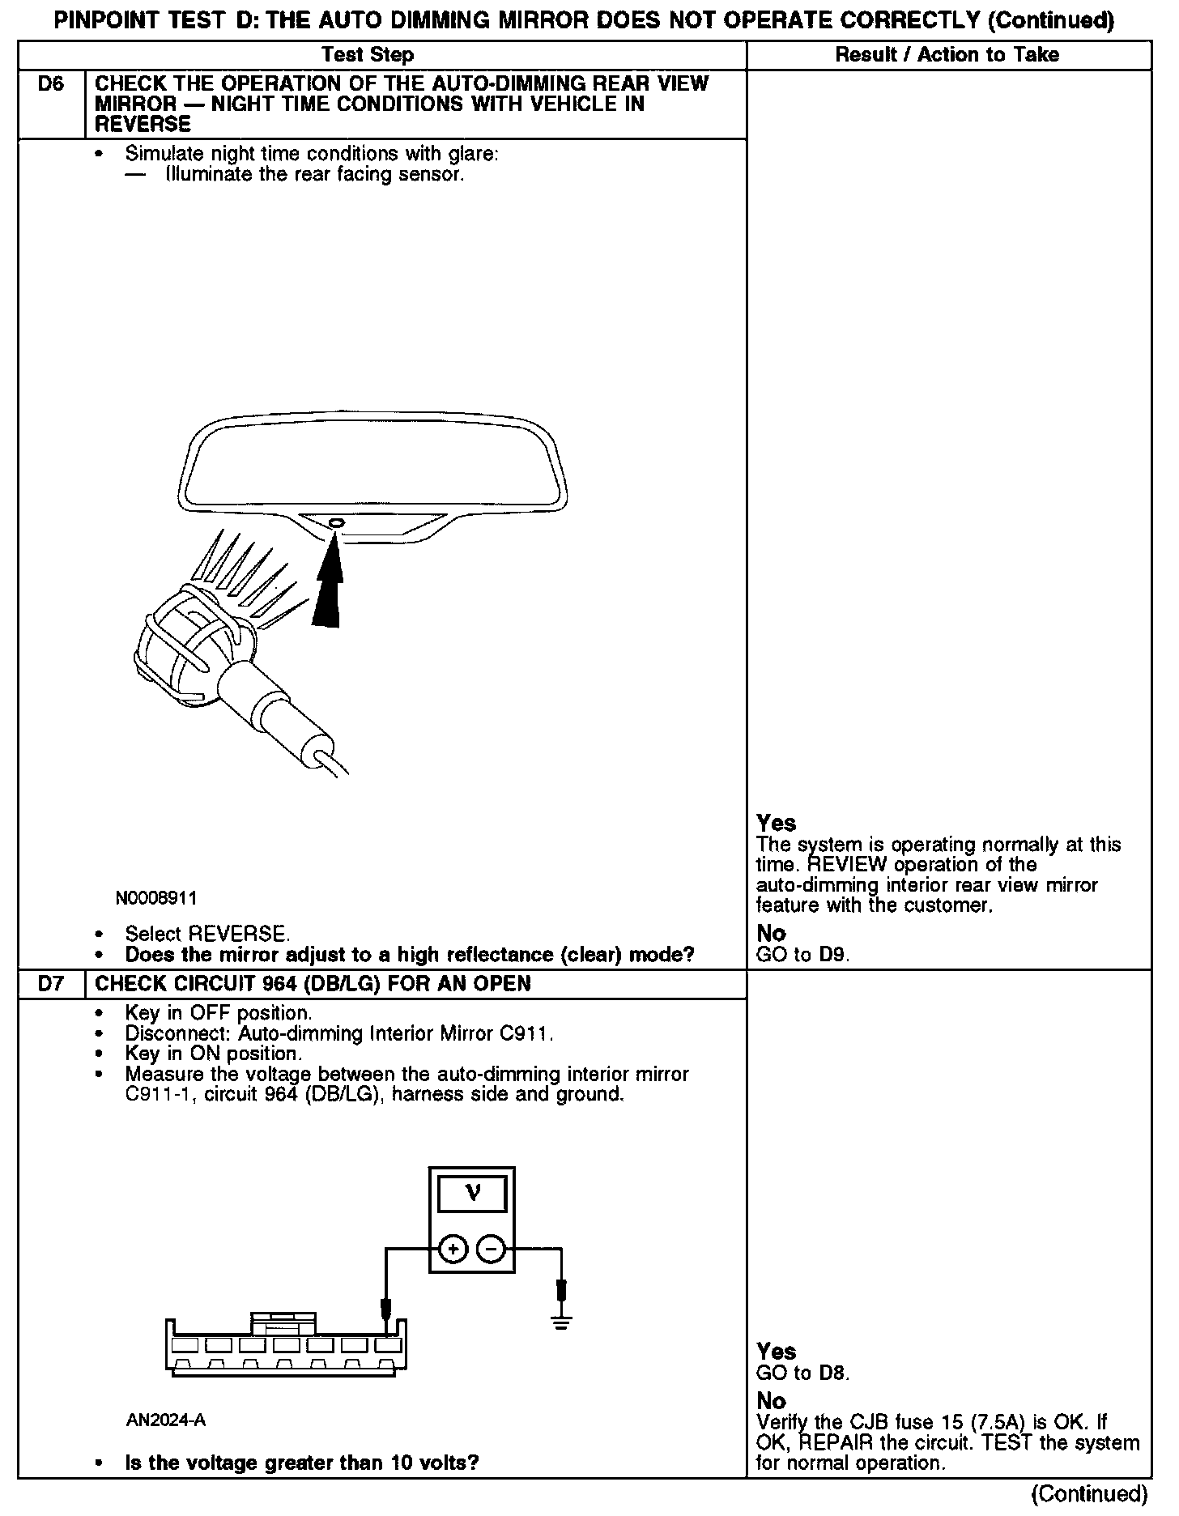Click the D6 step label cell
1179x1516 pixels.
coord(50,85)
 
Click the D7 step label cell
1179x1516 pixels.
coord(50,984)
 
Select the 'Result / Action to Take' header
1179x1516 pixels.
coord(947,55)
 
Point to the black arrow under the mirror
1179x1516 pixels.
coord(326,587)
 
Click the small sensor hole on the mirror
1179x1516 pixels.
coord(335,523)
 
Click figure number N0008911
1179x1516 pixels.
coord(155,898)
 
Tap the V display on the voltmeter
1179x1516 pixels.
coord(472,1193)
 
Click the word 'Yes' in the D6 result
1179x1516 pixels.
coord(776,823)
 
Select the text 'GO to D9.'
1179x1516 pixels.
coord(802,955)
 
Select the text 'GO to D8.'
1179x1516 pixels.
coord(802,1373)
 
